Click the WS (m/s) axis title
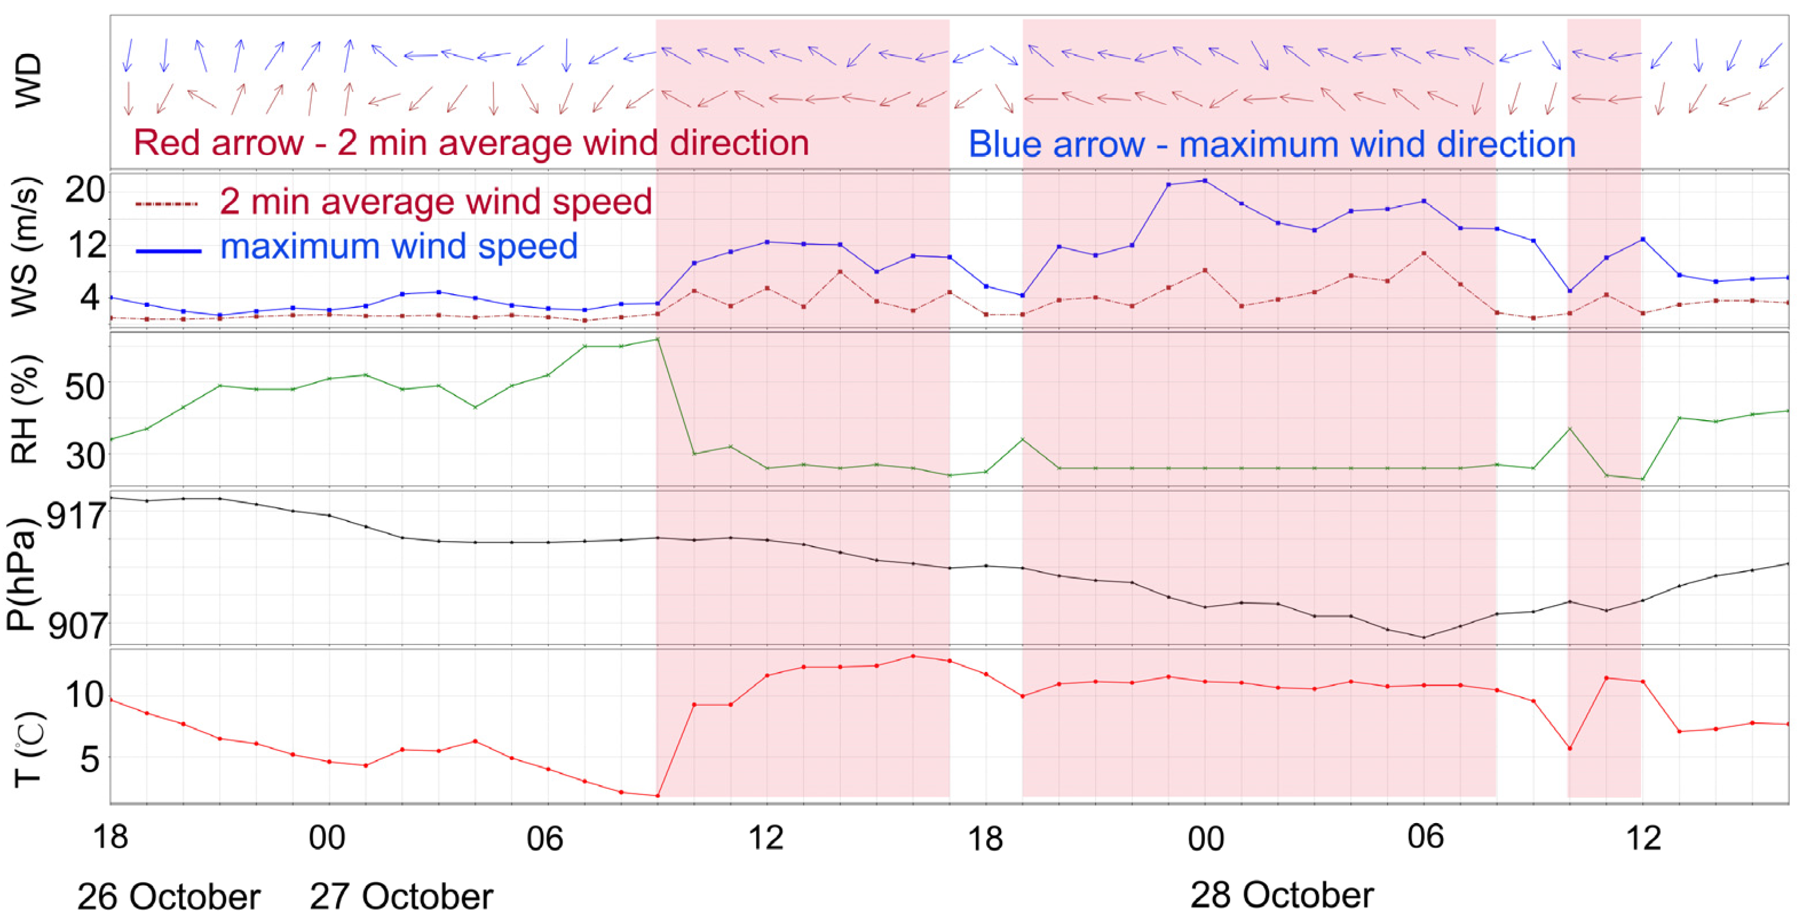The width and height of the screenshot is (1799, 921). pyautogui.click(x=26, y=248)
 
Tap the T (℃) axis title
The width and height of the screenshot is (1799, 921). pyautogui.click(x=28, y=749)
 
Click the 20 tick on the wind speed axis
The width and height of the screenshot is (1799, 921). pyautogui.click(x=85, y=189)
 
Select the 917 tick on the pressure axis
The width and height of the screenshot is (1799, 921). pyautogui.click(x=77, y=516)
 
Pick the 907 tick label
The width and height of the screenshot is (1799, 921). pyautogui.click(x=77, y=626)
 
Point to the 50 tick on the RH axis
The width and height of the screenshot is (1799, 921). pyautogui.click(x=85, y=385)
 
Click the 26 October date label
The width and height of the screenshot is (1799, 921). pyautogui.click(x=168, y=896)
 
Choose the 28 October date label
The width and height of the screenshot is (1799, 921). pyautogui.click(x=1282, y=895)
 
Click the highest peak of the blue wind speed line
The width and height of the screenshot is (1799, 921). pyautogui.click(x=1205, y=181)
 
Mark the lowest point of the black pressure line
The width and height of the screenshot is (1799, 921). pyautogui.click(x=1424, y=637)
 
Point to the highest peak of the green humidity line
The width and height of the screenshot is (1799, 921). pyautogui.click(x=657, y=339)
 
